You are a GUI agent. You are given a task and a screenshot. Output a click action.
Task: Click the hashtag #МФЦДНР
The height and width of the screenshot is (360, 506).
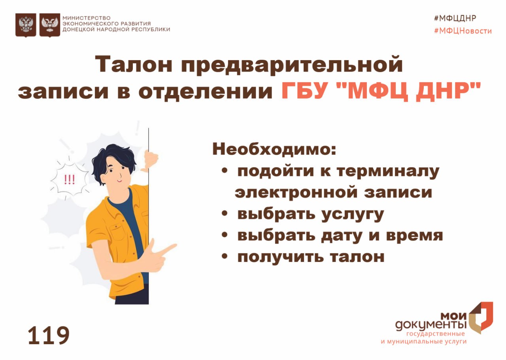click(x=455, y=18)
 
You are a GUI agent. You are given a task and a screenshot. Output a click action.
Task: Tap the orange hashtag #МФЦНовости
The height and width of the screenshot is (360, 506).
click(x=463, y=31)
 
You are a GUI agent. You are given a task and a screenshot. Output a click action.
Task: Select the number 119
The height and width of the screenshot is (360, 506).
click(x=49, y=335)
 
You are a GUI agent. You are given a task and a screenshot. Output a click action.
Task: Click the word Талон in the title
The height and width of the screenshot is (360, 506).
click(x=134, y=64)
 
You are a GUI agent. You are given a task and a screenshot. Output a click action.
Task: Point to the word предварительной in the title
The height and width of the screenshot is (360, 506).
click(x=292, y=65)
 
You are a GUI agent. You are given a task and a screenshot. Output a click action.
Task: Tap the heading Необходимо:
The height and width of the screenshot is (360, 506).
click(x=274, y=149)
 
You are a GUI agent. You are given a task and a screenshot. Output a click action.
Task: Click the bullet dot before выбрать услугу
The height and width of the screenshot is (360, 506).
click(x=224, y=213)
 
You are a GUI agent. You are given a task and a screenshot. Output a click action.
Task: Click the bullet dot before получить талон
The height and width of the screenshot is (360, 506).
click(x=224, y=257)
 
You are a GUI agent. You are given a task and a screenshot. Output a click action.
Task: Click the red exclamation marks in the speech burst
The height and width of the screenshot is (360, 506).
click(x=69, y=180)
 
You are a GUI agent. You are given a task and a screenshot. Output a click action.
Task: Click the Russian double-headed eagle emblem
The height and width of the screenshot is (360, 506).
click(x=26, y=25)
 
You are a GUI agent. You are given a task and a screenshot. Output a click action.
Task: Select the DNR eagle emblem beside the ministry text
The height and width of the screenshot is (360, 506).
click(x=50, y=25)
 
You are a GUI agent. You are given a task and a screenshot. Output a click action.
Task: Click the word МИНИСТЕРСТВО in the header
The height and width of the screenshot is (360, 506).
click(x=87, y=18)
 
